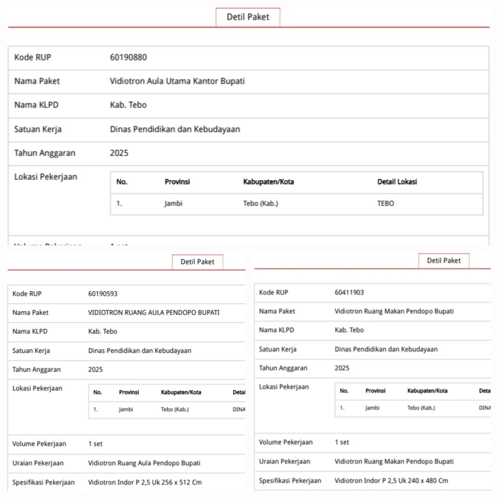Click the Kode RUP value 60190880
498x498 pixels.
point(128,57)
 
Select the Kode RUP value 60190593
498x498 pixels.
point(103,294)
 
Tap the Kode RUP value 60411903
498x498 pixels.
point(349,292)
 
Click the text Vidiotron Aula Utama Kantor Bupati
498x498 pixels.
point(177,81)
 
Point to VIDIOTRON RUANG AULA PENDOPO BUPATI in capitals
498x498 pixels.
point(154,312)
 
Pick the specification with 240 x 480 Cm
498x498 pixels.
point(391,481)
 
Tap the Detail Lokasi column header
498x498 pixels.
point(397,182)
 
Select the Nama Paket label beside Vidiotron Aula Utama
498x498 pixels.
point(37,81)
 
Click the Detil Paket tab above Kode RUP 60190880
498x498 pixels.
point(248,17)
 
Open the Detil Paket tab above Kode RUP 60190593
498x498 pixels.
point(197,262)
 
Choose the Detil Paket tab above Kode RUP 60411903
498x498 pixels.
point(444,261)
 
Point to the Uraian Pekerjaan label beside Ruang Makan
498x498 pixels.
point(284,461)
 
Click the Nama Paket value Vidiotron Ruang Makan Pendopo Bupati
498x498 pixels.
point(394,311)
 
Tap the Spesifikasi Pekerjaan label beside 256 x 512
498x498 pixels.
point(43,482)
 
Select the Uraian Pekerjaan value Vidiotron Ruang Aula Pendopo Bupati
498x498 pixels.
point(144,463)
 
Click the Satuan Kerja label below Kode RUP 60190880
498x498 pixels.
point(38,129)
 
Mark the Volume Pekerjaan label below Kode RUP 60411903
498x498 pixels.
point(286,442)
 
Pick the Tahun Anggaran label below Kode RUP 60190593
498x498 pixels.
point(37,369)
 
